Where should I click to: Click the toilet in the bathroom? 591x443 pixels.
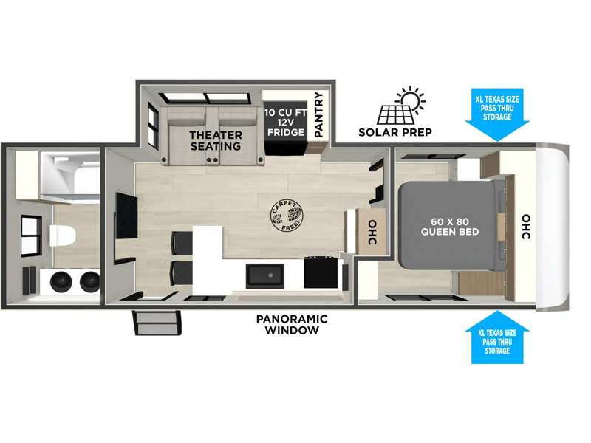62,236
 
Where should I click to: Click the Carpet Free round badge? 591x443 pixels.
287,216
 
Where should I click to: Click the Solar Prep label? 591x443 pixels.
395,133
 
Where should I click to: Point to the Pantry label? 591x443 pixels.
319,114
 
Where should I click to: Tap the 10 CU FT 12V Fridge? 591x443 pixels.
285,128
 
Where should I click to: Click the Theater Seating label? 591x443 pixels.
216,140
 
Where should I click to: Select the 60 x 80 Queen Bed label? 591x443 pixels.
450,227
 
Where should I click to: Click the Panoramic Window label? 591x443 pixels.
292,324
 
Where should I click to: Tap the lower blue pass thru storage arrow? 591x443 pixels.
497,337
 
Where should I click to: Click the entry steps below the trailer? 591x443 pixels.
157,323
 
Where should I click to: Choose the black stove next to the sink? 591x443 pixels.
321,272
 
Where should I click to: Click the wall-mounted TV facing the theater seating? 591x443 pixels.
126,216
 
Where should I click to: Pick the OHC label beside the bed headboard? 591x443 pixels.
526,227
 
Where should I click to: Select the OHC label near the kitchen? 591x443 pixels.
372,233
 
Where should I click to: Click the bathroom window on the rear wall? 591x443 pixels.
31,236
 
